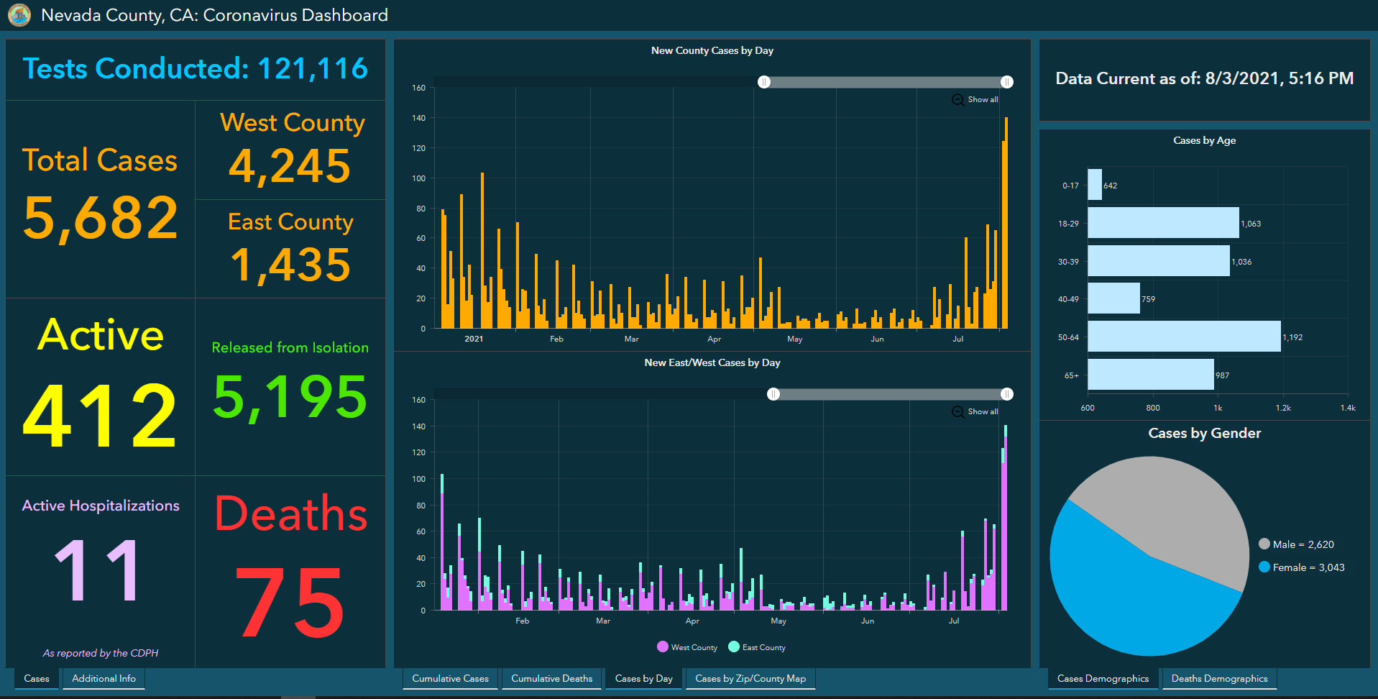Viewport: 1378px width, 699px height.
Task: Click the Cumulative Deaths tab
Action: (551, 678)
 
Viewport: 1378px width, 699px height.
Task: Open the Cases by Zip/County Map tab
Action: (750, 678)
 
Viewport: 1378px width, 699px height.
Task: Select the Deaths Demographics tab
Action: (1219, 678)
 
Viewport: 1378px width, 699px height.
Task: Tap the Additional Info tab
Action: (104, 678)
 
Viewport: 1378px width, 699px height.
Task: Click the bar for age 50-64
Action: (1184, 337)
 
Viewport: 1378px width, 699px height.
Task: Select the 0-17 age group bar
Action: (1095, 185)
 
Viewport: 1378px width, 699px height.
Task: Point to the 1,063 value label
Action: (1251, 224)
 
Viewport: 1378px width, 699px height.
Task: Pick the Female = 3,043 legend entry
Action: (1302, 567)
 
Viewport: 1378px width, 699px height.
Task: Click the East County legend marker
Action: (734, 647)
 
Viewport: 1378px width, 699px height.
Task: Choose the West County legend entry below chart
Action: (687, 647)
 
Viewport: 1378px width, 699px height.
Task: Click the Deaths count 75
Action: (290, 603)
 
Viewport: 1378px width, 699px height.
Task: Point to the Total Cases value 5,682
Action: (100, 218)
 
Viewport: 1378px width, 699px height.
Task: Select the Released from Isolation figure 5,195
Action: (290, 397)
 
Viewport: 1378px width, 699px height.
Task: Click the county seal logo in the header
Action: (19, 14)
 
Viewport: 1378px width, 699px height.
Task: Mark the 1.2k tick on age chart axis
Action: (1283, 408)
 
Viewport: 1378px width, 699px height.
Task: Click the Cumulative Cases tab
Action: (450, 678)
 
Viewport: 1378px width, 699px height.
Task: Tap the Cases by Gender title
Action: (1205, 433)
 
